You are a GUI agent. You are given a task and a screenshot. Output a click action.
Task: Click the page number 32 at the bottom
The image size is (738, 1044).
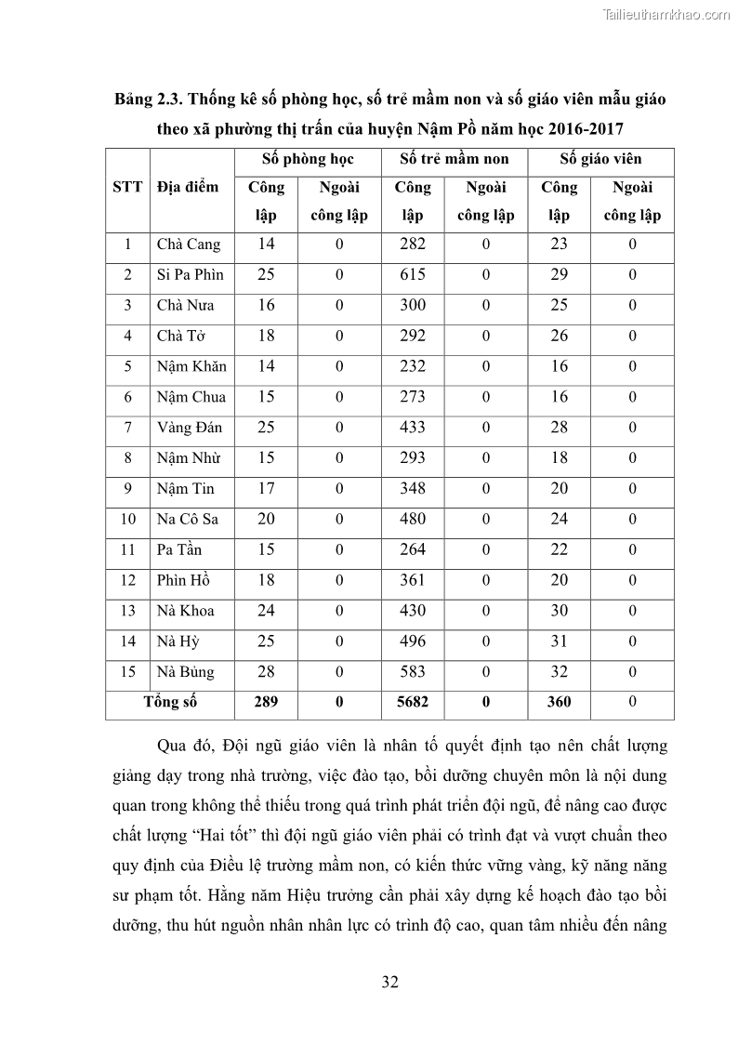389,982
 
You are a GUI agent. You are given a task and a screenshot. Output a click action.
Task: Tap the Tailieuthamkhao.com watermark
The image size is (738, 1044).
666,15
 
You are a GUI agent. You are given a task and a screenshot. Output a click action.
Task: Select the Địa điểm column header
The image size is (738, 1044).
188,187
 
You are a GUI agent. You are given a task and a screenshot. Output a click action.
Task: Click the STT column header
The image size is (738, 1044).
127,187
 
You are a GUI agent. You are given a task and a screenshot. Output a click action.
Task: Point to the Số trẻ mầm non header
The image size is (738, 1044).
455,159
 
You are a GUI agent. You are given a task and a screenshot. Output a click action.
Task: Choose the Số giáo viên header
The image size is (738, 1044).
600,159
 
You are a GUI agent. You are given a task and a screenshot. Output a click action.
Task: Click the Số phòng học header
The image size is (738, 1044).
308,159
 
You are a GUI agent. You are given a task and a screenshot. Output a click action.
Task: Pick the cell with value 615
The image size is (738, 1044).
412,275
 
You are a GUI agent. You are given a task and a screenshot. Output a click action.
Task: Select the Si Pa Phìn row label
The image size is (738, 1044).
190,275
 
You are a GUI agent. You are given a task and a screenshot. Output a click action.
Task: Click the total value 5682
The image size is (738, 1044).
412,703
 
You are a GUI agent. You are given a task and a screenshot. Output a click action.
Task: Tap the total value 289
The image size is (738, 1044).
266,703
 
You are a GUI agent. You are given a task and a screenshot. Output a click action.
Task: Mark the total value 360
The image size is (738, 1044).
559,703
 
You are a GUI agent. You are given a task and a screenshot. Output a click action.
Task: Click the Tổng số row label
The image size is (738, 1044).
170,702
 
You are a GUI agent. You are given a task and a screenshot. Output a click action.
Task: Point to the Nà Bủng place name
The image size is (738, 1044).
185,672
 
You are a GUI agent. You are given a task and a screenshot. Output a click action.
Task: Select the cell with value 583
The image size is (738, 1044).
412,671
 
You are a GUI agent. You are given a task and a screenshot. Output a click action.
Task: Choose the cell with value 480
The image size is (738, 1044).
412,519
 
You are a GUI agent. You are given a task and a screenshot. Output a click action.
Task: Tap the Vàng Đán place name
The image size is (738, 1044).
190,428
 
